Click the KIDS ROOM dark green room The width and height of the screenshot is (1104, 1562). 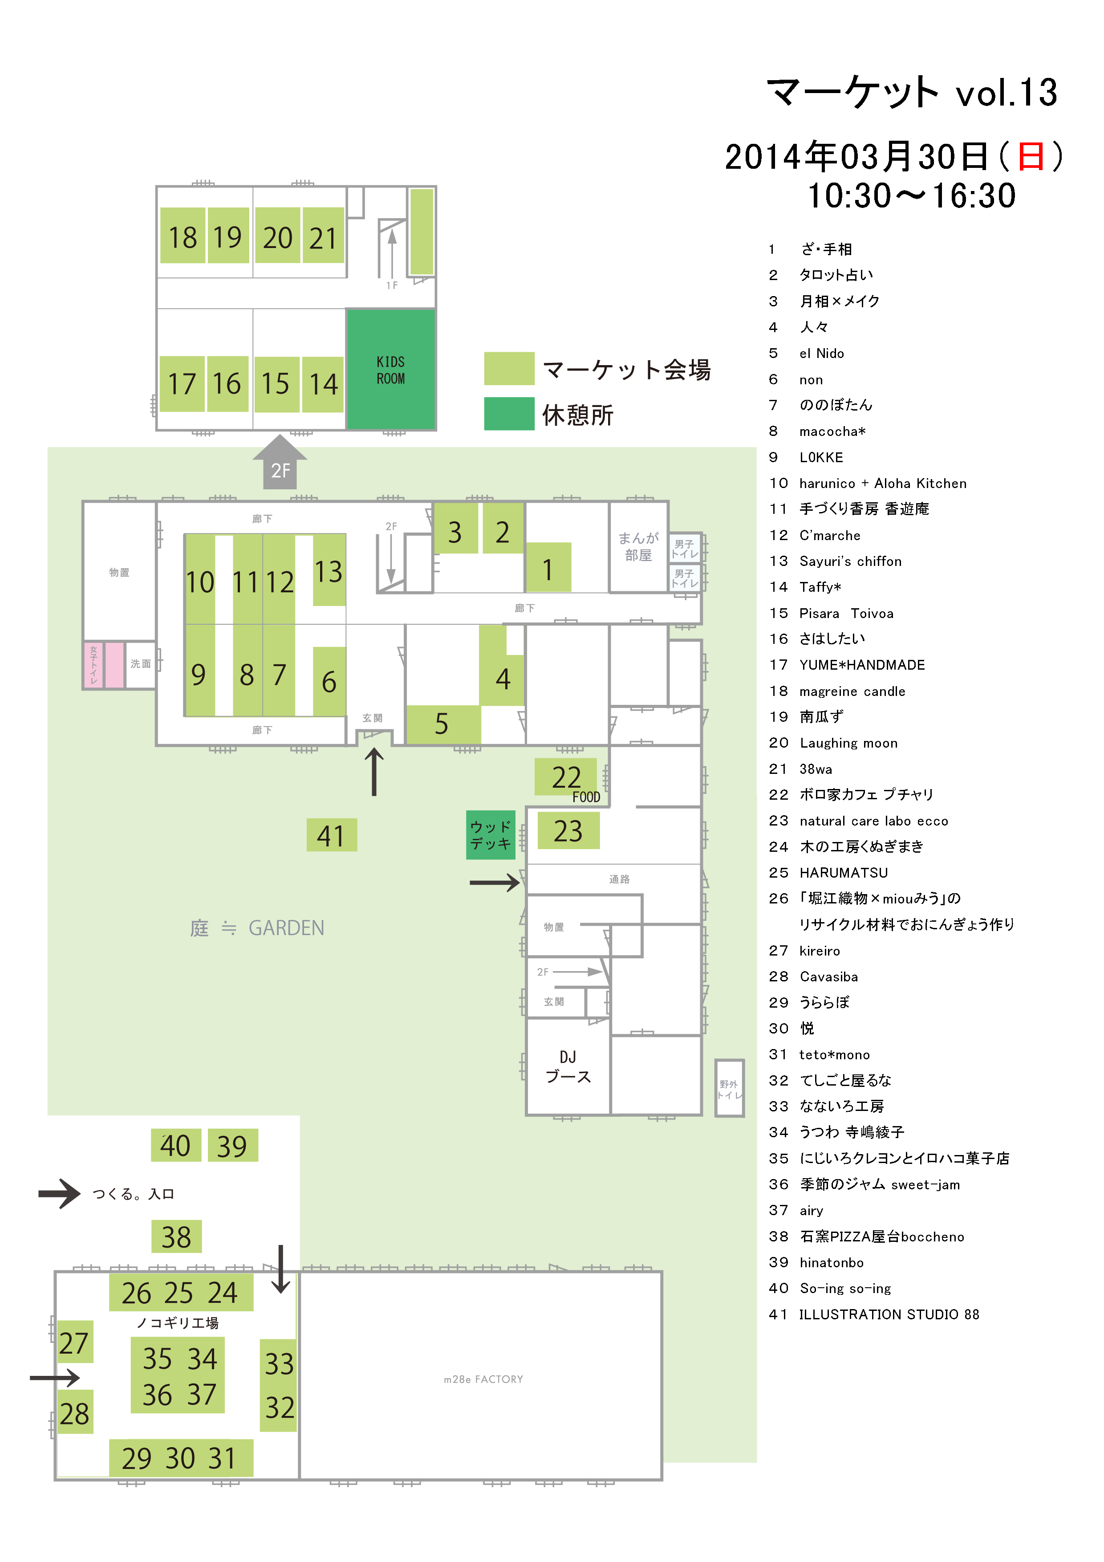[391, 370]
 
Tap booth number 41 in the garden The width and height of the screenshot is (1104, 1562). [331, 835]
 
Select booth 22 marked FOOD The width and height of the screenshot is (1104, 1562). [566, 777]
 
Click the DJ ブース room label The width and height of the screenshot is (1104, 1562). [568, 1066]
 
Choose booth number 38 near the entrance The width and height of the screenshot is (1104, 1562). [176, 1237]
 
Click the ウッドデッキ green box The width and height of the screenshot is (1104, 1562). [491, 835]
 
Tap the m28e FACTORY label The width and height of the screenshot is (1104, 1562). [483, 1379]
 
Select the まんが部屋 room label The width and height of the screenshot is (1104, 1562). [638, 546]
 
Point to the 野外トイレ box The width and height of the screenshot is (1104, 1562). [729, 1089]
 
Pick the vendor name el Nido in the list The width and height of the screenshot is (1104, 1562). [822, 353]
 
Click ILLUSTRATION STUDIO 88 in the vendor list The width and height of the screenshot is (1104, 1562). [889, 1314]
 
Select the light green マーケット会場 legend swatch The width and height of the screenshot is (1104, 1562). [509, 369]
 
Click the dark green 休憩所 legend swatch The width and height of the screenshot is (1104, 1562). [509, 414]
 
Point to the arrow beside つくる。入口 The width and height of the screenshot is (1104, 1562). [60, 1193]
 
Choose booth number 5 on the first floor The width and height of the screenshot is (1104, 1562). [443, 724]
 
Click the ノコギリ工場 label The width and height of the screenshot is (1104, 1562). [178, 1322]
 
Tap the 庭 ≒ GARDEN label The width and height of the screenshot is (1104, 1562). [257, 928]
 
